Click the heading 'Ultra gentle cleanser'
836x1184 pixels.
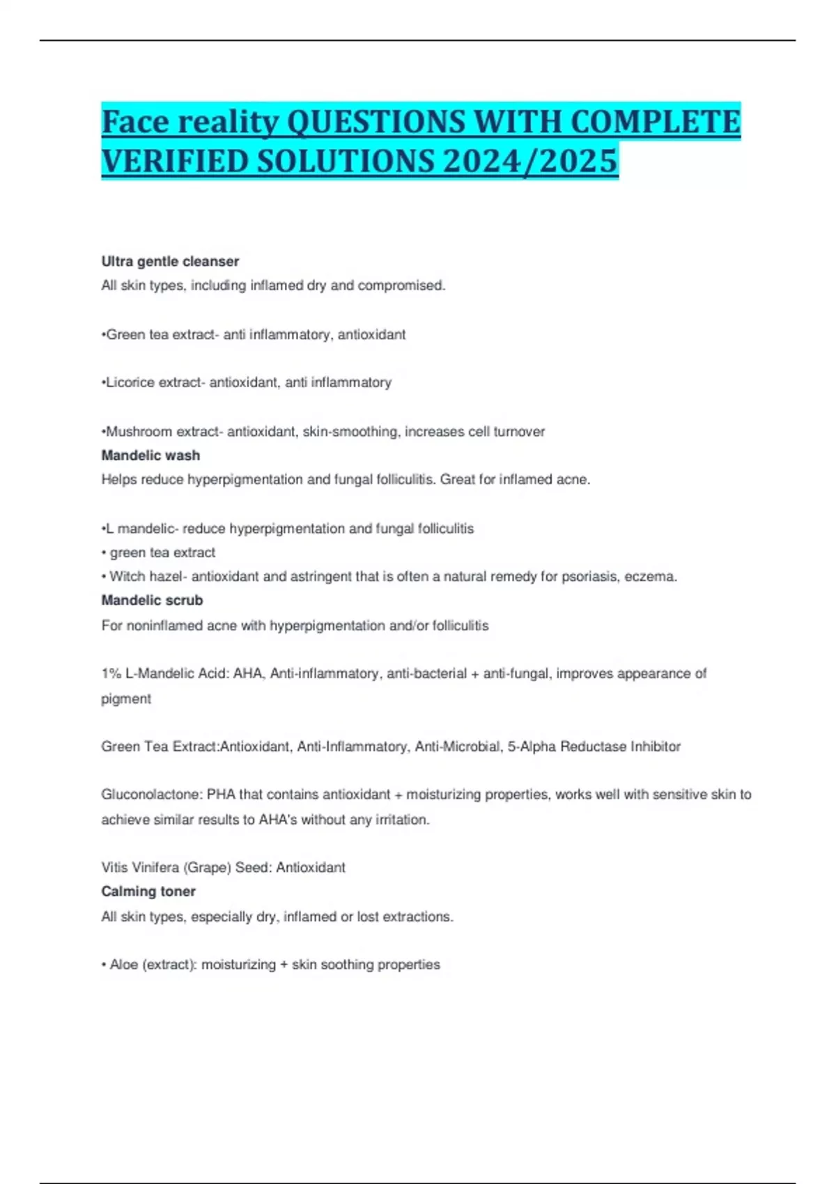(170, 261)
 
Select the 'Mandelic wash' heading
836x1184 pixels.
(150, 455)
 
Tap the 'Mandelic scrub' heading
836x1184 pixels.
(152, 600)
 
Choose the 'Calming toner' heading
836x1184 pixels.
(148, 891)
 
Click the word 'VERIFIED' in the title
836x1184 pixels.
(174, 161)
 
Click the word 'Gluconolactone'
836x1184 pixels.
(150, 795)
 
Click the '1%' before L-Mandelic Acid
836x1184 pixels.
(111, 673)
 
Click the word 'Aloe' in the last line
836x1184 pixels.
(123, 965)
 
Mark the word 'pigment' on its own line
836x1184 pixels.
(126, 699)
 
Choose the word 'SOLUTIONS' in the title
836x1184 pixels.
(346, 161)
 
